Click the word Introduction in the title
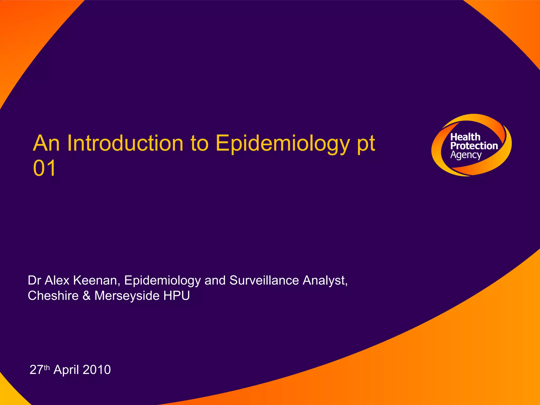(125, 143)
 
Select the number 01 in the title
(44, 168)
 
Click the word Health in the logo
(465, 137)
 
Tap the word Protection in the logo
(474, 146)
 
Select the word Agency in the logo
(466, 155)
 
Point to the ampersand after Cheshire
(86, 296)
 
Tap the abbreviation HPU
(176, 296)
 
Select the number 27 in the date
(36, 370)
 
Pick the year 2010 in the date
(97, 370)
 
